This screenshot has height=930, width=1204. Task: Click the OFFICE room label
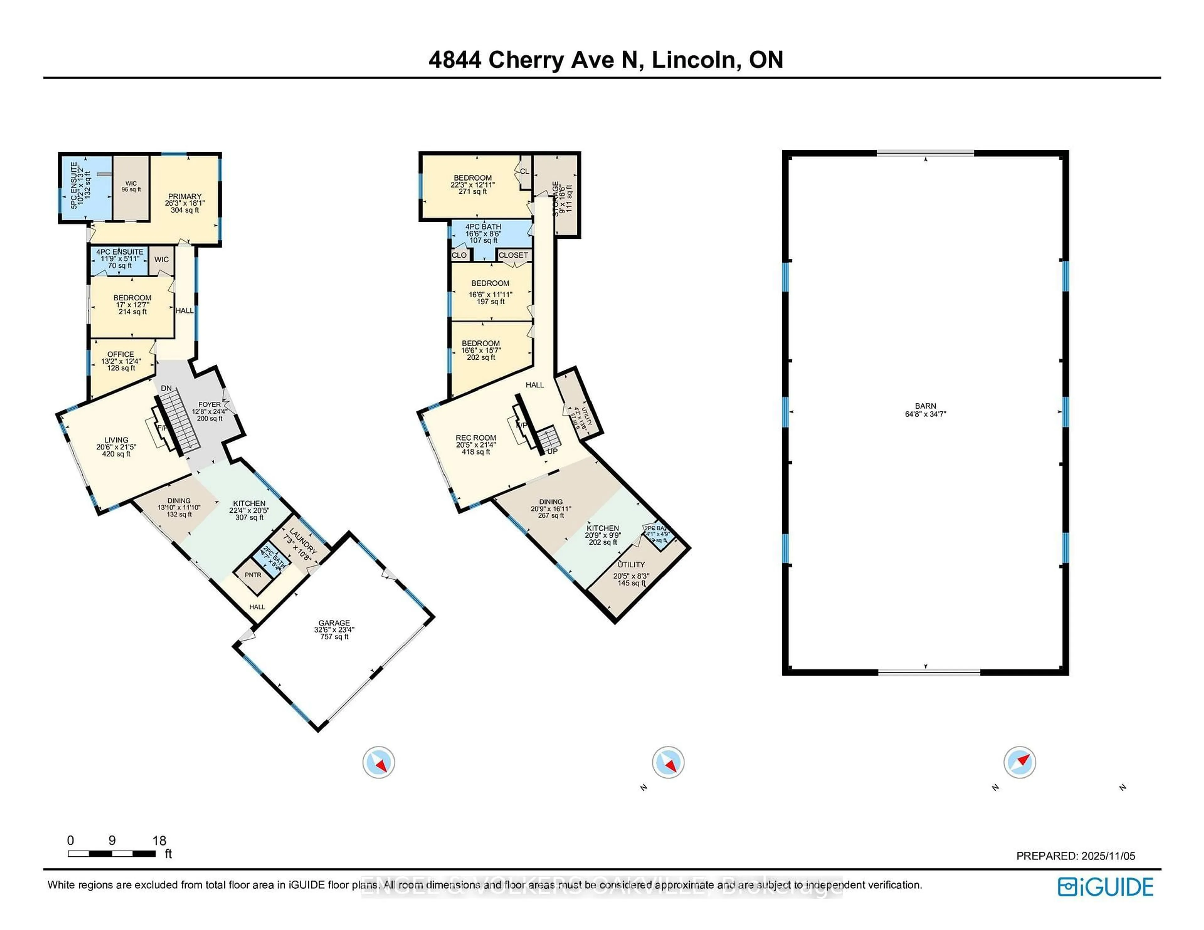(x=121, y=354)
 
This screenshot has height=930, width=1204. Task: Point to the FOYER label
(x=209, y=405)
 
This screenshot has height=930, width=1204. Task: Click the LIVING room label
(x=116, y=440)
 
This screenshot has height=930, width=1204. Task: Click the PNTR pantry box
(x=253, y=575)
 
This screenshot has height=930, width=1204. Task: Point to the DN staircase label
(x=166, y=389)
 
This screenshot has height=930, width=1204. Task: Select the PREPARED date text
(x=1075, y=856)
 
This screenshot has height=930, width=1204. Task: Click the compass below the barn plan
(x=1019, y=762)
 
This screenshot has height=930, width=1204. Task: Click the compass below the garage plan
(x=379, y=762)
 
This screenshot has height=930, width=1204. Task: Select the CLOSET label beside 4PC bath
(x=513, y=255)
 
